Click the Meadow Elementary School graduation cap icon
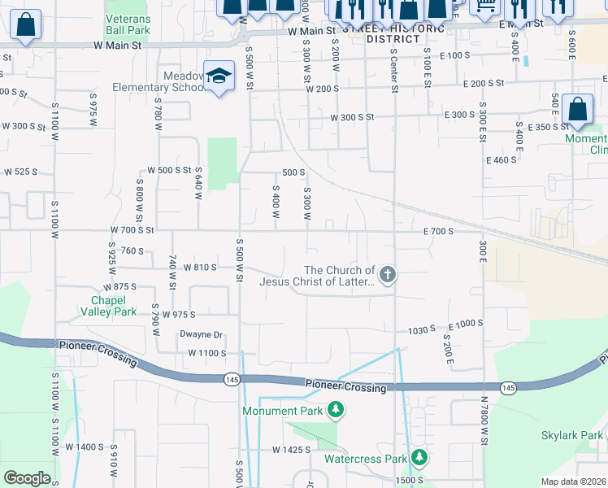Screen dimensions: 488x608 (x=219, y=76)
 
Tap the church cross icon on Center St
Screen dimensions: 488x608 (x=388, y=274)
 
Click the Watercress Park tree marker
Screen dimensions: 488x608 (x=419, y=457)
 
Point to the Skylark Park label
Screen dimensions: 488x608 (x=572, y=435)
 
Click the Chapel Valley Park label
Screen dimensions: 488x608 (x=113, y=305)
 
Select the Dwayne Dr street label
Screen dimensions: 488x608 (x=201, y=334)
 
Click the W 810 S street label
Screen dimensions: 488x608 (x=200, y=267)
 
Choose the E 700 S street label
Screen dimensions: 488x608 (x=437, y=231)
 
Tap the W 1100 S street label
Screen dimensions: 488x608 (x=206, y=353)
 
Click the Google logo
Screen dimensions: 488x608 (x=27, y=478)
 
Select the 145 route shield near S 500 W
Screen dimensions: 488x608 (x=231, y=378)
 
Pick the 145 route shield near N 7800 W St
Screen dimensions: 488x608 (x=508, y=389)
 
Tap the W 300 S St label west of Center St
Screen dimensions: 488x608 (x=351, y=117)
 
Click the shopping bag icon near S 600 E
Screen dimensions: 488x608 (x=577, y=111)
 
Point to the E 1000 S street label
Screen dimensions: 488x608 (x=465, y=323)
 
